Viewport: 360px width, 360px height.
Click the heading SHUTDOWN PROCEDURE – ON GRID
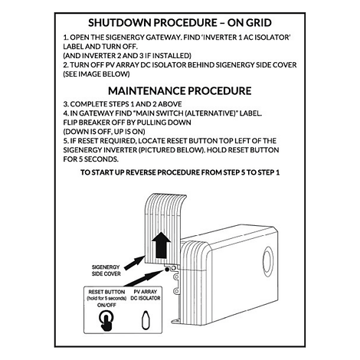[x=179, y=24]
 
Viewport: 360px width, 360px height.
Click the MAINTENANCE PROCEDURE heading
[x=179, y=90]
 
